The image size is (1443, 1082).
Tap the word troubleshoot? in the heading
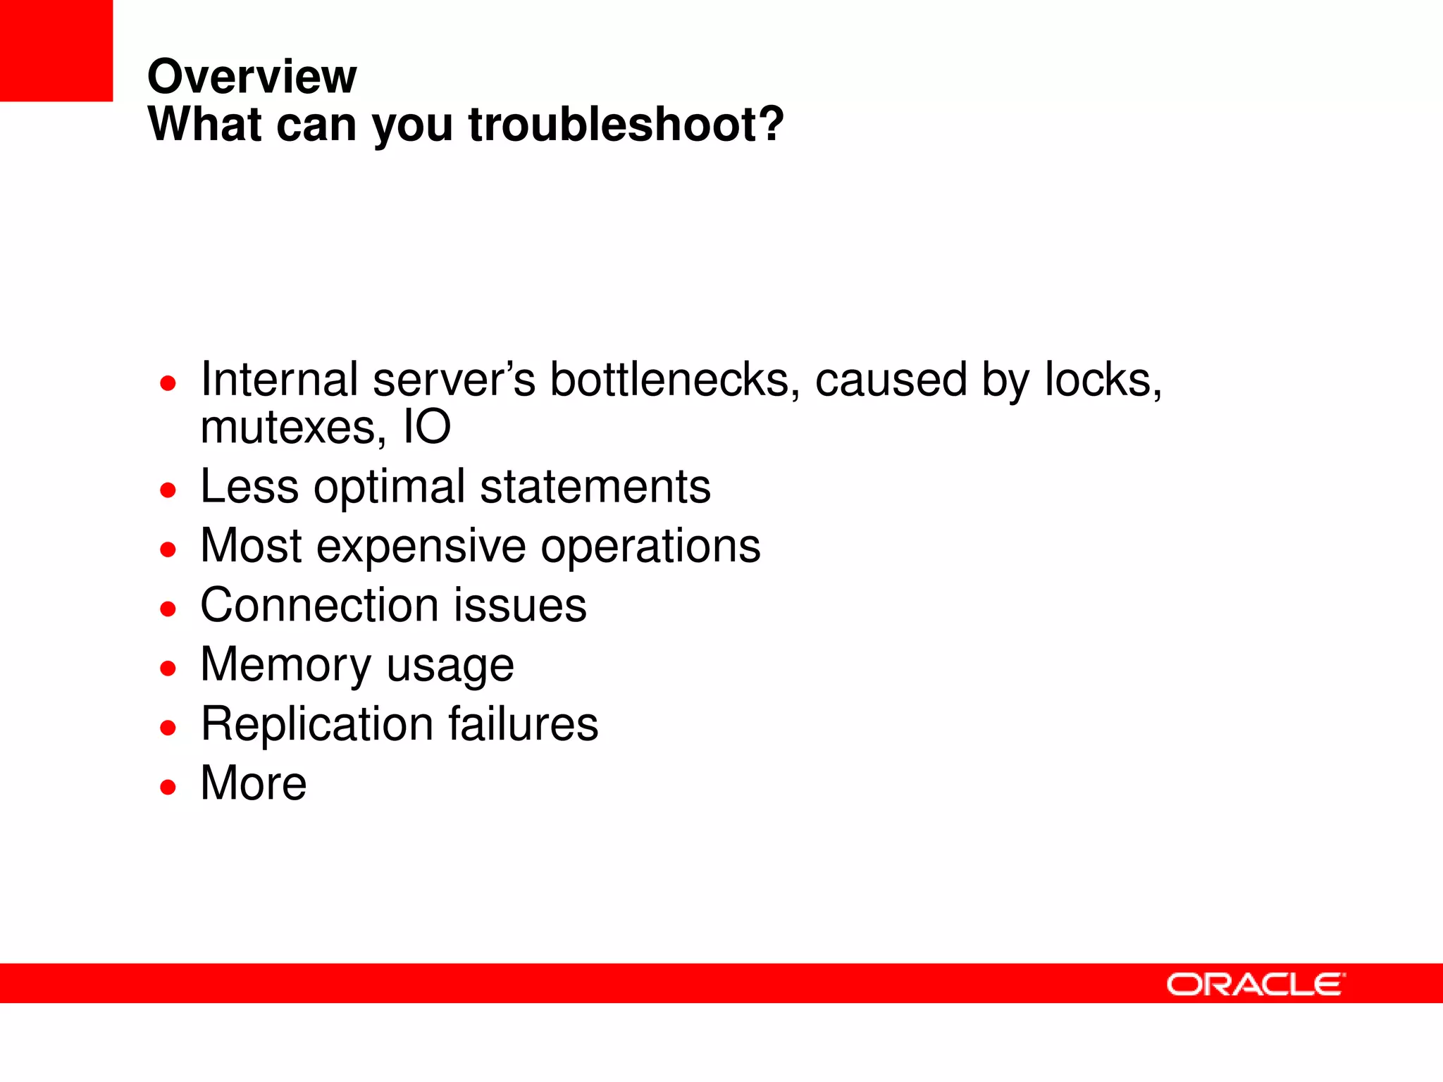click(x=626, y=125)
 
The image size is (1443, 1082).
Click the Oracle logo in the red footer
click(x=1256, y=984)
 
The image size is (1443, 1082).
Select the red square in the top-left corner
click(x=56, y=50)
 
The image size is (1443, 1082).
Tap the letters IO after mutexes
click(x=426, y=428)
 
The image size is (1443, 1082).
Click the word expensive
click(x=421, y=547)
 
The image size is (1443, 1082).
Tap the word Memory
click(x=285, y=665)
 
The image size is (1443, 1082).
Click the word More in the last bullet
click(x=254, y=783)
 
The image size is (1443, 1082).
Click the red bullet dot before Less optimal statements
click(x=168, y=490)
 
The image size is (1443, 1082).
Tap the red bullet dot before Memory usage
click(x=168, y=668)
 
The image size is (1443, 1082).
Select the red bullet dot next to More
click(x=168, y=786)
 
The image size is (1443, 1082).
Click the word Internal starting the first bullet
click(x=279, y=380)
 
